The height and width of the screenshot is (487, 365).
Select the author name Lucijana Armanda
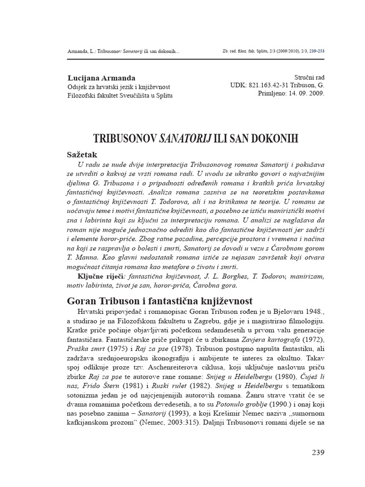[102, 78]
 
